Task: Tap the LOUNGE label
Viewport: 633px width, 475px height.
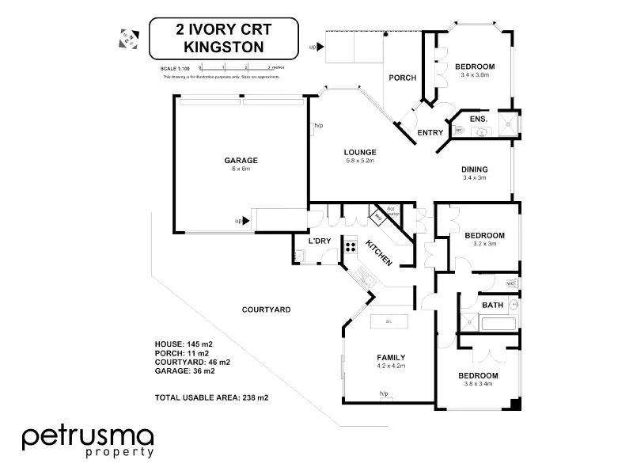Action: pos(359,152)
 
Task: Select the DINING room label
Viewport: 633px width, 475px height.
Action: pos(474,169)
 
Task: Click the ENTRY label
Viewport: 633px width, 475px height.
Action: pos(430,132)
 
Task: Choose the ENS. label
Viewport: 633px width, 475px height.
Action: pos(478,120)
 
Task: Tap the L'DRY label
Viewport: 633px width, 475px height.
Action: pos(319,241)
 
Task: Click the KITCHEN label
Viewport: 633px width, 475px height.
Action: pos(377,253)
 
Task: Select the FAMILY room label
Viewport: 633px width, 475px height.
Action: pos(391,358)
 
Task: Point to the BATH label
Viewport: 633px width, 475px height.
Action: pos(493,305)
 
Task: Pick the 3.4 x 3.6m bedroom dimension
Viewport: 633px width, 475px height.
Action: pos(474,75)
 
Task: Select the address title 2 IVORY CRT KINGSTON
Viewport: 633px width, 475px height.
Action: pos(224,40)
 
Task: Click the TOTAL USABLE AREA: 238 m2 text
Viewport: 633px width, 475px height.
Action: pos(211,397)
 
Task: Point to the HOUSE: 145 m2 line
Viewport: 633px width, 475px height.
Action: pos(184,344)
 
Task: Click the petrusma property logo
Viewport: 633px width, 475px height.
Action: pos(88,440)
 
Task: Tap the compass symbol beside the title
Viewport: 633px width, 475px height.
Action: pos(127,37)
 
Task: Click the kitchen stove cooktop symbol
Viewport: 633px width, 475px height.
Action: pos(349,246)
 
